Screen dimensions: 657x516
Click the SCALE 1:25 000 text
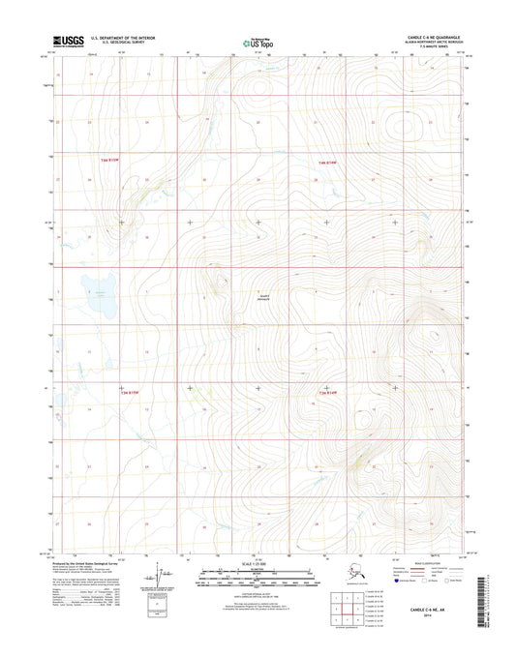tap(258, 563)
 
